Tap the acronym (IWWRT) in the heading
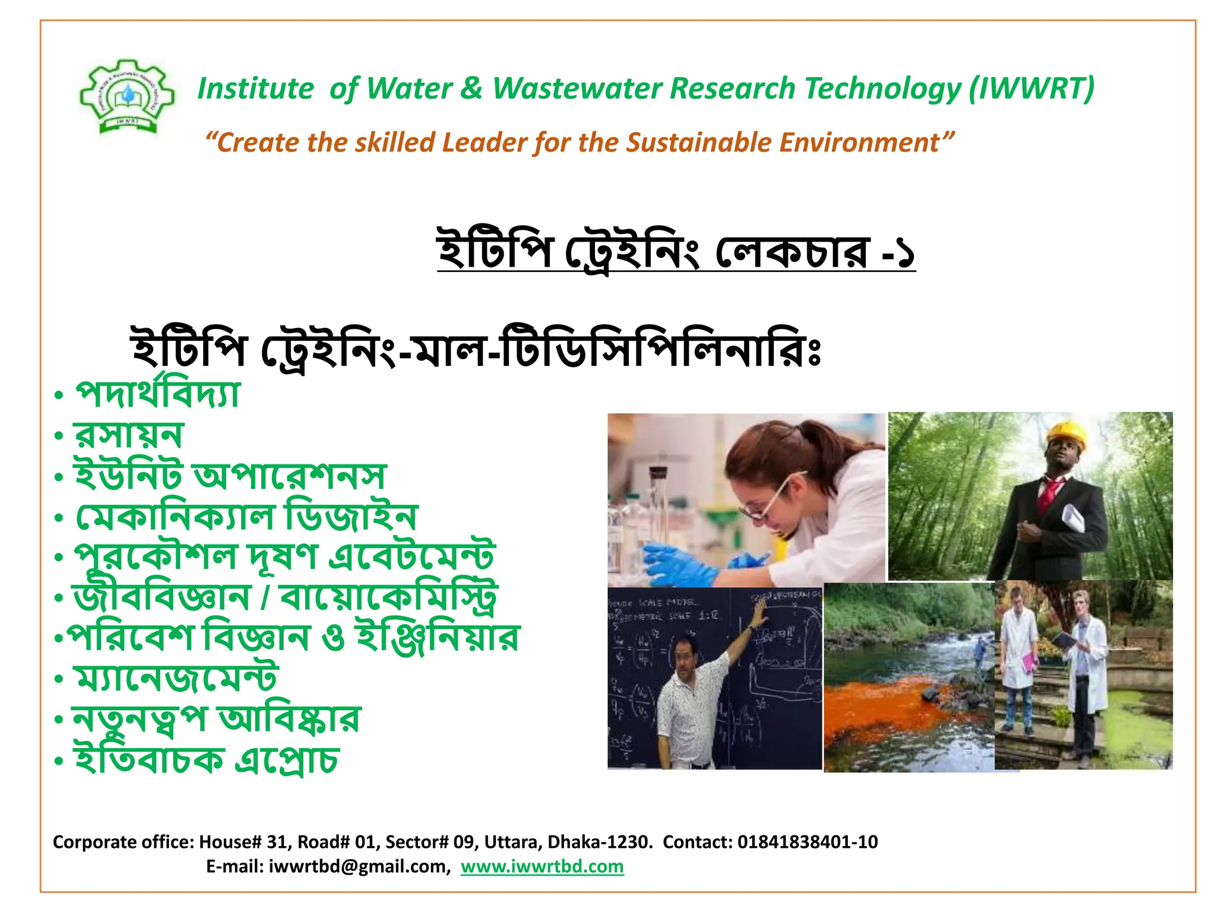(1031, 88)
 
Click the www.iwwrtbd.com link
(542, 866)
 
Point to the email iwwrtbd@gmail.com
(359, 866)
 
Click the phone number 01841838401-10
(807, 842)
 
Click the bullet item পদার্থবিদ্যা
(158, 393)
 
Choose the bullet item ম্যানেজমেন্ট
(175, 677)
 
